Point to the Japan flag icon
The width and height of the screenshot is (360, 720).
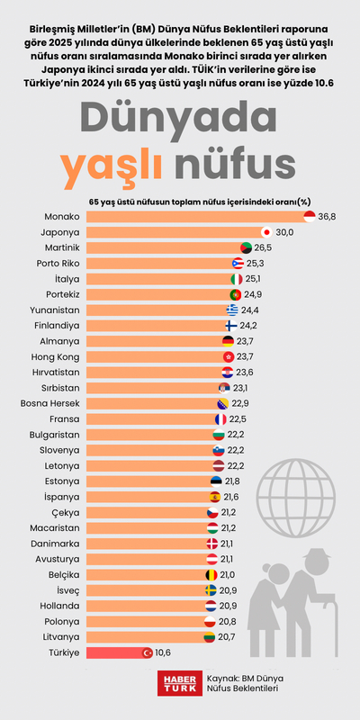(x=266, y=232)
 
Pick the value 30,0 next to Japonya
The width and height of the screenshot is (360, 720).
(x=285, y=232)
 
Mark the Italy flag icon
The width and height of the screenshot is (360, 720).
(x=237, y=279)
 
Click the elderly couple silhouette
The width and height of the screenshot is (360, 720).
(x=288, y=594)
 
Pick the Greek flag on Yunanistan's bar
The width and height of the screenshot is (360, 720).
(x=233, y=310)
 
